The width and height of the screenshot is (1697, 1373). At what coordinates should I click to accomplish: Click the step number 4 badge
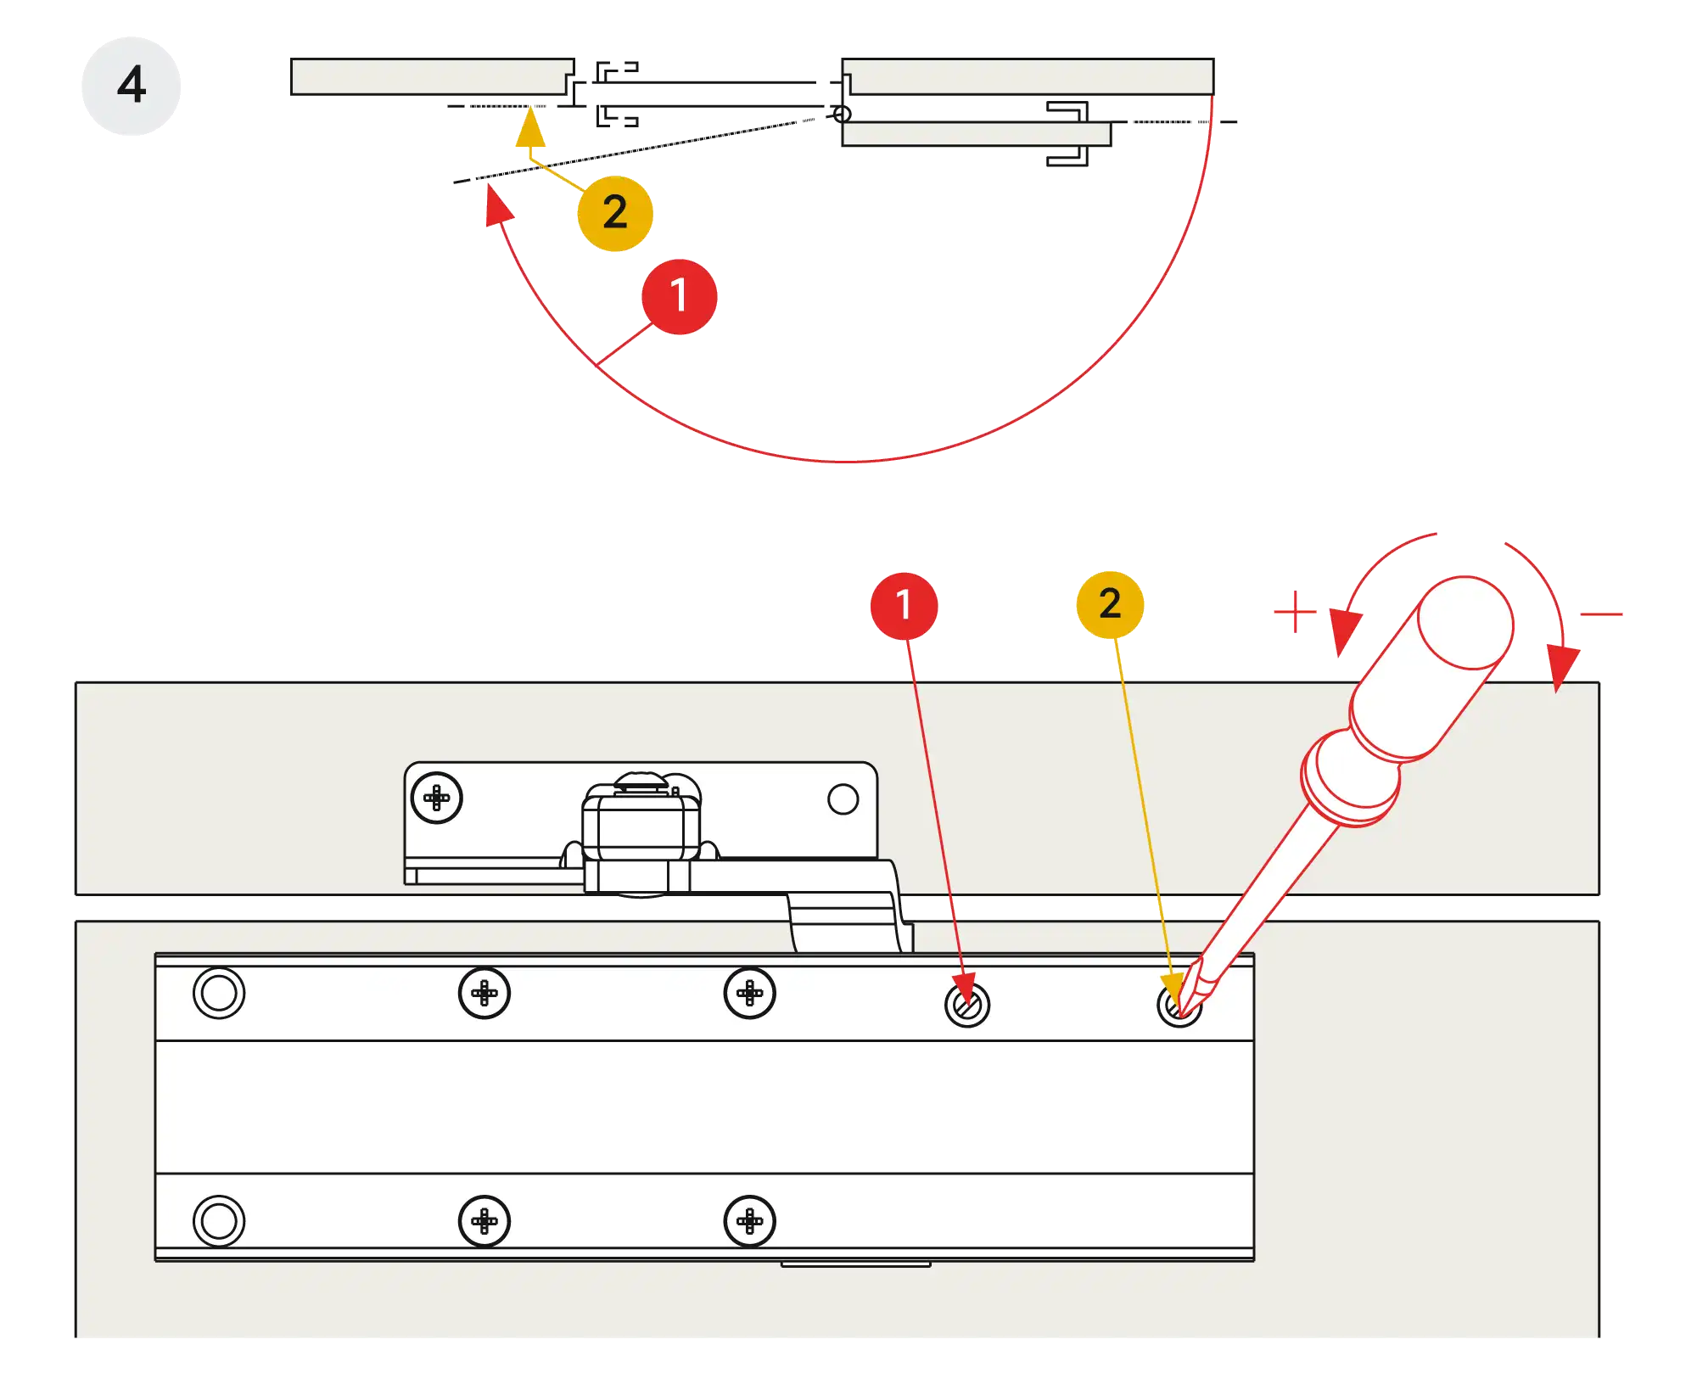click(132, 85)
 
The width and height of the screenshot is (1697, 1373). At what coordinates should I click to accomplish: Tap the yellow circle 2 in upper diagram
click(615, 212)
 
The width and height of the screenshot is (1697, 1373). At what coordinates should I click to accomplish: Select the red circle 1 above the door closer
click(904, 605)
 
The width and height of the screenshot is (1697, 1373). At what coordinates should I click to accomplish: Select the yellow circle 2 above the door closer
click(1110, 604)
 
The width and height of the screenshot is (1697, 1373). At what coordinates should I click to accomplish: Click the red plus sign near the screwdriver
click(1294, 612)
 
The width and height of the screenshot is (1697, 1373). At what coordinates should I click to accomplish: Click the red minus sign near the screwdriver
click(1602, 614)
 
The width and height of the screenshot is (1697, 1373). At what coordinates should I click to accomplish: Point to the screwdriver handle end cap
click(1466, 624)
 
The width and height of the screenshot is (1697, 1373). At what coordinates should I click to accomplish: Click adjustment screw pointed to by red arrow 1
click(967, 1006)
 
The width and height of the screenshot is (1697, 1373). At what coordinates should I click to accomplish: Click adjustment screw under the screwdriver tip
click(1179, 1006)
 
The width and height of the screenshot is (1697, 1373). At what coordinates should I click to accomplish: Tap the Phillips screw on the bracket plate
click(436, 798)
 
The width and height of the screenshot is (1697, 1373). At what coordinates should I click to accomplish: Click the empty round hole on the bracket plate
click(843, 799)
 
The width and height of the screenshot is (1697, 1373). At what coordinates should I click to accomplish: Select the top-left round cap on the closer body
click(219, 993)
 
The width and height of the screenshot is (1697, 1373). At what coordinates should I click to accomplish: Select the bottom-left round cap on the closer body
click(219, 1221)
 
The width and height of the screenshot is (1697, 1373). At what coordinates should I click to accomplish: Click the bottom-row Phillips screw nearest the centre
click(749, 1221)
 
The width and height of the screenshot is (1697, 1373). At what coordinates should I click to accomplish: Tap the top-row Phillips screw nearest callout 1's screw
click(749, 993)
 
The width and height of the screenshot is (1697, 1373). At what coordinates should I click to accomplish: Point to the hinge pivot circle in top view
click(841, 113)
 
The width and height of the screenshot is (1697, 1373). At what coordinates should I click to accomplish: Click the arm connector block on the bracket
click(641, 827)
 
